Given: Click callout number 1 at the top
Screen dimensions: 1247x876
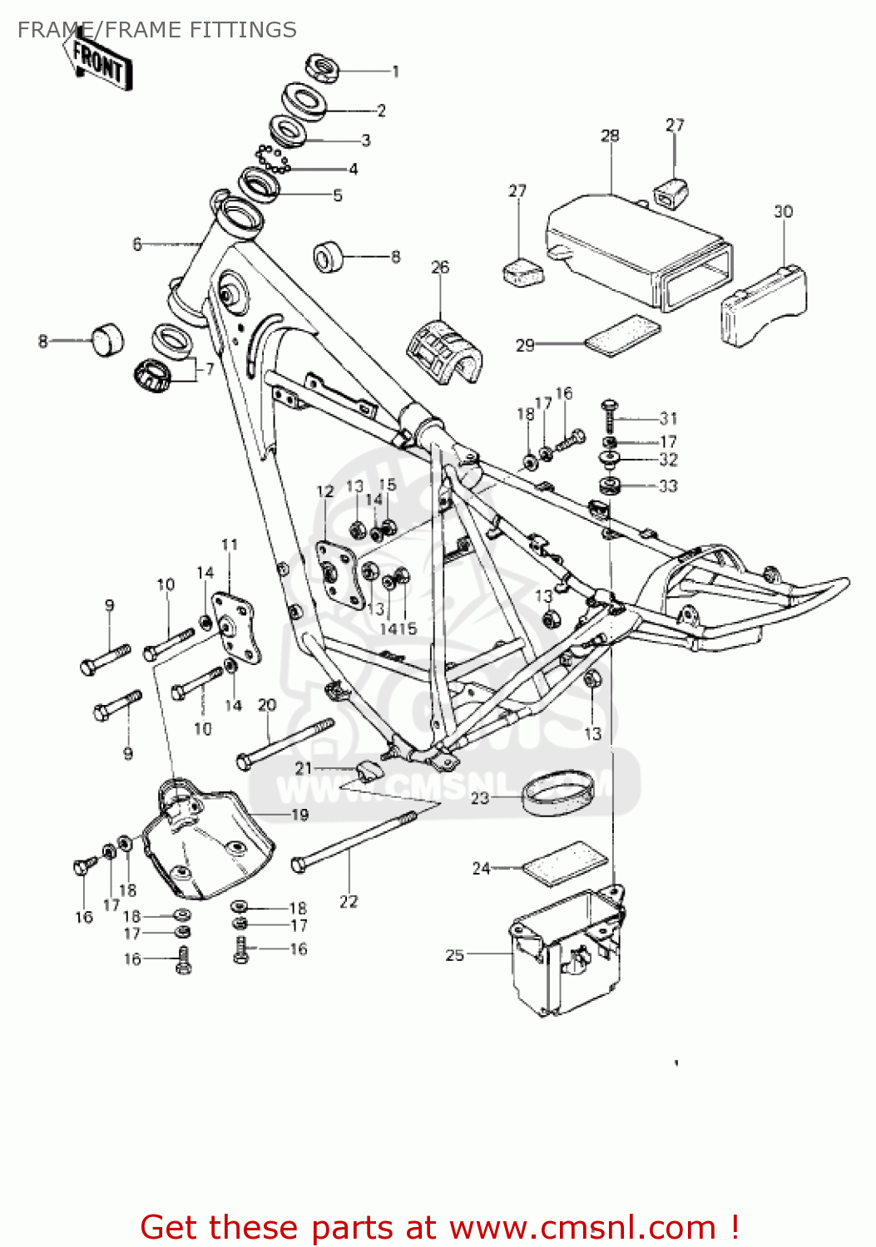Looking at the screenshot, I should point(396,71).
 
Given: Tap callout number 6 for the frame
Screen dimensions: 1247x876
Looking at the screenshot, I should point(137,244).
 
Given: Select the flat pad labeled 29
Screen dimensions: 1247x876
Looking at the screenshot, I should point(623,334).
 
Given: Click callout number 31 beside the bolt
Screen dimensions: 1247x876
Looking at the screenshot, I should point(669,418).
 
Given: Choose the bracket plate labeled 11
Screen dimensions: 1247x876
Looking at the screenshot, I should point(236,628).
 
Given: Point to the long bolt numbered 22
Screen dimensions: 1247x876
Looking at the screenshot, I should point(354,841).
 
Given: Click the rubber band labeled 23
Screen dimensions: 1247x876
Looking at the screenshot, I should point(558,794).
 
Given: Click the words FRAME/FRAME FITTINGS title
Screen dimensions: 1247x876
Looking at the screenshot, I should point(157,30).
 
